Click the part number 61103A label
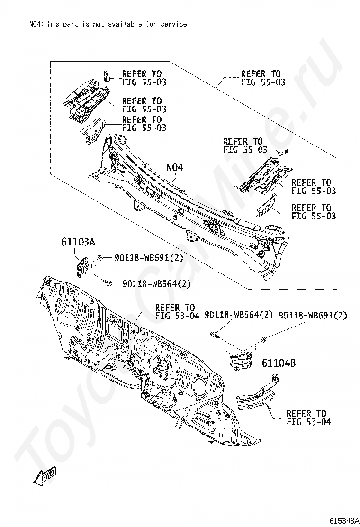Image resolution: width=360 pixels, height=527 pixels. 78,241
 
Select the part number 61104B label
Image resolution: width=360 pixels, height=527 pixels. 279,363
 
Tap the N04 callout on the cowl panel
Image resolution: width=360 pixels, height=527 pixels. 175,167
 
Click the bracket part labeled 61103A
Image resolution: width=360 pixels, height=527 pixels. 82,267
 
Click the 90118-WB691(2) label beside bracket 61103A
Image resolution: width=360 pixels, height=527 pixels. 149,258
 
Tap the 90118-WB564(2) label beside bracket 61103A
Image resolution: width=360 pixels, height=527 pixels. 156,284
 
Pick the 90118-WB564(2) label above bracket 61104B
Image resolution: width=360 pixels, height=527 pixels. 238,315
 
